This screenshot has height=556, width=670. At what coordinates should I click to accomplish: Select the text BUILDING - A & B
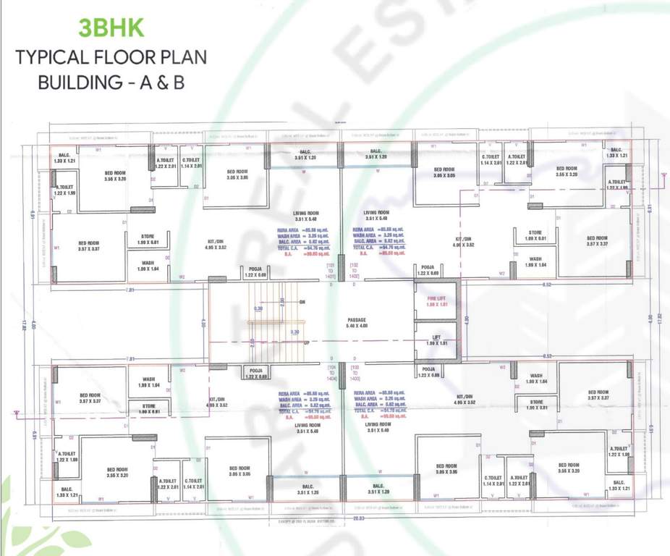(111, 82)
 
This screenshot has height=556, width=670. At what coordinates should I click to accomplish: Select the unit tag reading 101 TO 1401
(331, 272)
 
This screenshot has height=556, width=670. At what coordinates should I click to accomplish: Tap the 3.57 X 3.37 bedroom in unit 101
(88, 245)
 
